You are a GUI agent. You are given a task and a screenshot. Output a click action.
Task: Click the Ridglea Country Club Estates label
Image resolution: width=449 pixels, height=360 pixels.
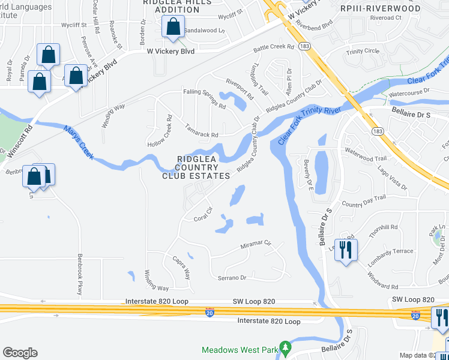196,167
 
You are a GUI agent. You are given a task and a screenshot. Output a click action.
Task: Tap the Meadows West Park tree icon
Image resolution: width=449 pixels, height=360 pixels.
286,347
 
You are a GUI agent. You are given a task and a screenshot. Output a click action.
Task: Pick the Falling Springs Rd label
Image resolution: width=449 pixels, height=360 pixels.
205,98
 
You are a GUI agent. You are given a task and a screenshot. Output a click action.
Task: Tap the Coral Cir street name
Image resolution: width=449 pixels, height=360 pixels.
203,214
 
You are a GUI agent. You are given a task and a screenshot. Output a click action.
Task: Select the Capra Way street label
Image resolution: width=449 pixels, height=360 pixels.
181,268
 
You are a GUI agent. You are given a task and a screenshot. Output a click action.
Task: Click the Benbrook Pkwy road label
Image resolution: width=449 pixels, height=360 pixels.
79,275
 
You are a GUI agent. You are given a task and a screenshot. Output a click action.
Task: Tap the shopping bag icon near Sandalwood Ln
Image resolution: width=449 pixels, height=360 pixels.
173,28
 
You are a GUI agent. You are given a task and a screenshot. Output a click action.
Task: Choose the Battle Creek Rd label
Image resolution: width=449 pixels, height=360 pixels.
274,47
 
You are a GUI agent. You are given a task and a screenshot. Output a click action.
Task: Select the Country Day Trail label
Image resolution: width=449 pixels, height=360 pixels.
363,200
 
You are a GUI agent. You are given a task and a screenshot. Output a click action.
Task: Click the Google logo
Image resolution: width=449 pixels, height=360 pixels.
20,353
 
